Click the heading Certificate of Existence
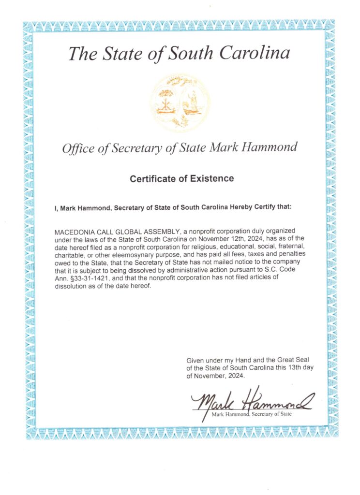(181, 179)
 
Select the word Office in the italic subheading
(77, 148)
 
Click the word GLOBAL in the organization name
(127, 232)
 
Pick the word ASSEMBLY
(161, 232)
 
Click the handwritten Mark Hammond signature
(252, 400)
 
